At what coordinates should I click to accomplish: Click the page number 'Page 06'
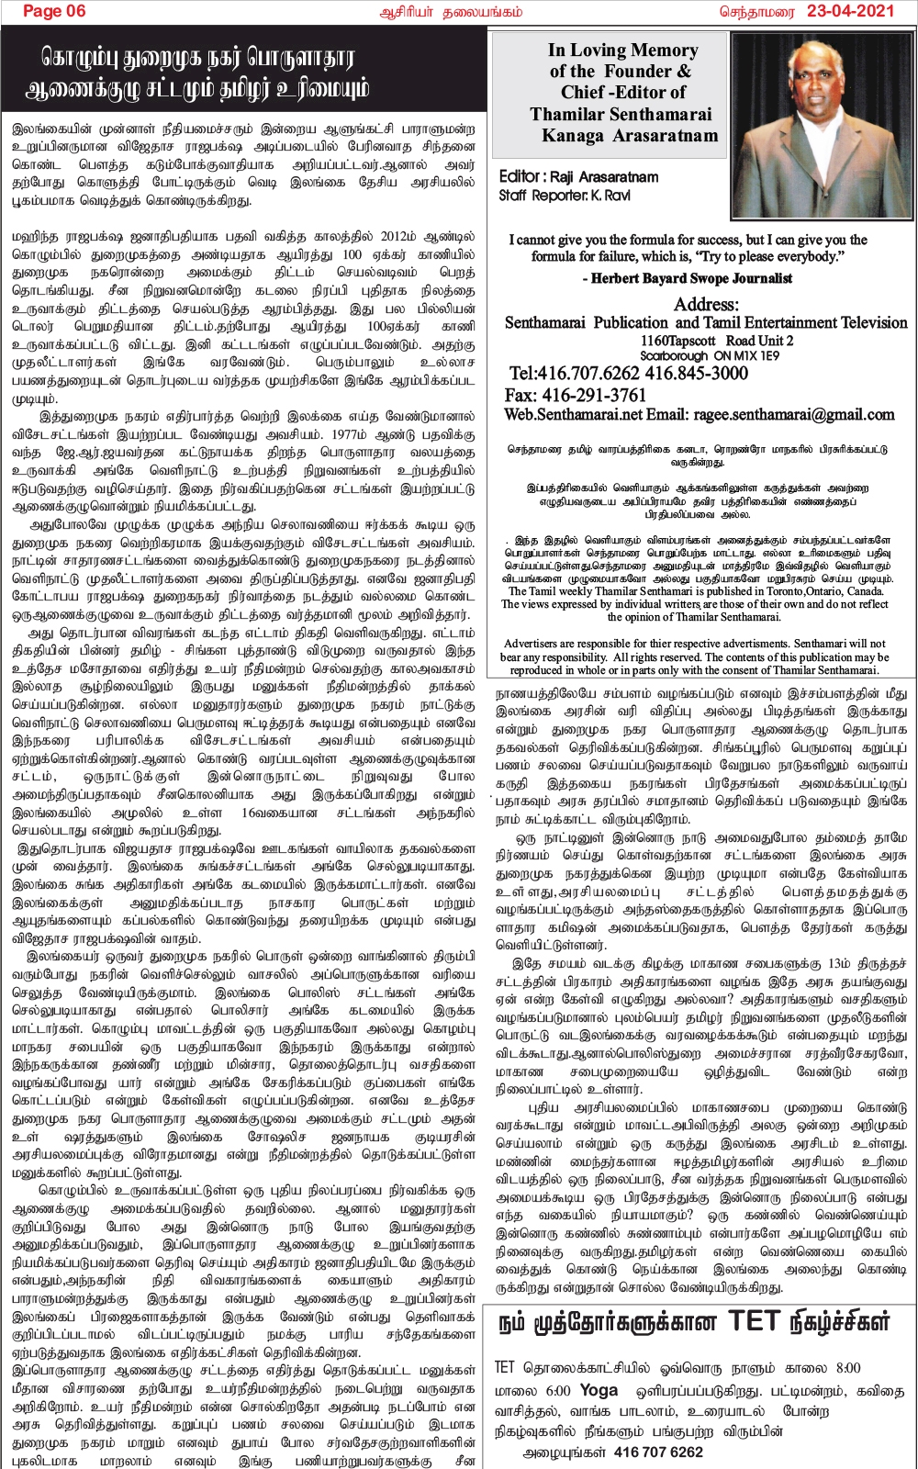[x=54, y=11]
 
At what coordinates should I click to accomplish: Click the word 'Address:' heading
[x=706, y=304]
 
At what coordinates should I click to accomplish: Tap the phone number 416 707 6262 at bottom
[x=657, y=1452]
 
